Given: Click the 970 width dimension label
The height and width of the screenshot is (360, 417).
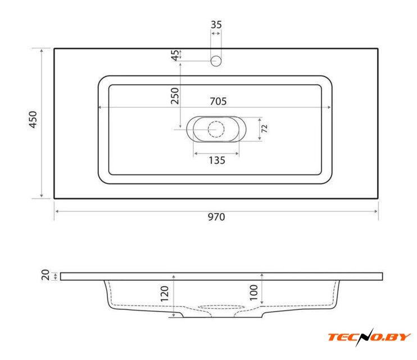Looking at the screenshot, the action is tap(216, 217).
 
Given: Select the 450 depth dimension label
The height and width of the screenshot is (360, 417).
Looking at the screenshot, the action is tap(33, 120).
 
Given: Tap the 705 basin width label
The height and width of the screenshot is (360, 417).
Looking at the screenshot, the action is tap(218, 101).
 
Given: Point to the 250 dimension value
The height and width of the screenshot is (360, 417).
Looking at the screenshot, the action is tap(175, 96).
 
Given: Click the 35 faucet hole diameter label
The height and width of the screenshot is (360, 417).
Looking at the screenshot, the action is tap(216, 25).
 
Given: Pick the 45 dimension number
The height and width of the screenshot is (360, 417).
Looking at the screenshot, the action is tap(175, 55).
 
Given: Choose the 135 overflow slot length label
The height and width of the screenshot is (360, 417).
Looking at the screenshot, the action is tap(217, 160).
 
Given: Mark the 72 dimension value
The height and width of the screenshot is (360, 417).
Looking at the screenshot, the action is tap(264, 129).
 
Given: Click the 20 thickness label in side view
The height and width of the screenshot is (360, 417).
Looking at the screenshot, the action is tap(46, 275).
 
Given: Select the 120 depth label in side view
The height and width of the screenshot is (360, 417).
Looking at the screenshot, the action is tap(165, 294).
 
